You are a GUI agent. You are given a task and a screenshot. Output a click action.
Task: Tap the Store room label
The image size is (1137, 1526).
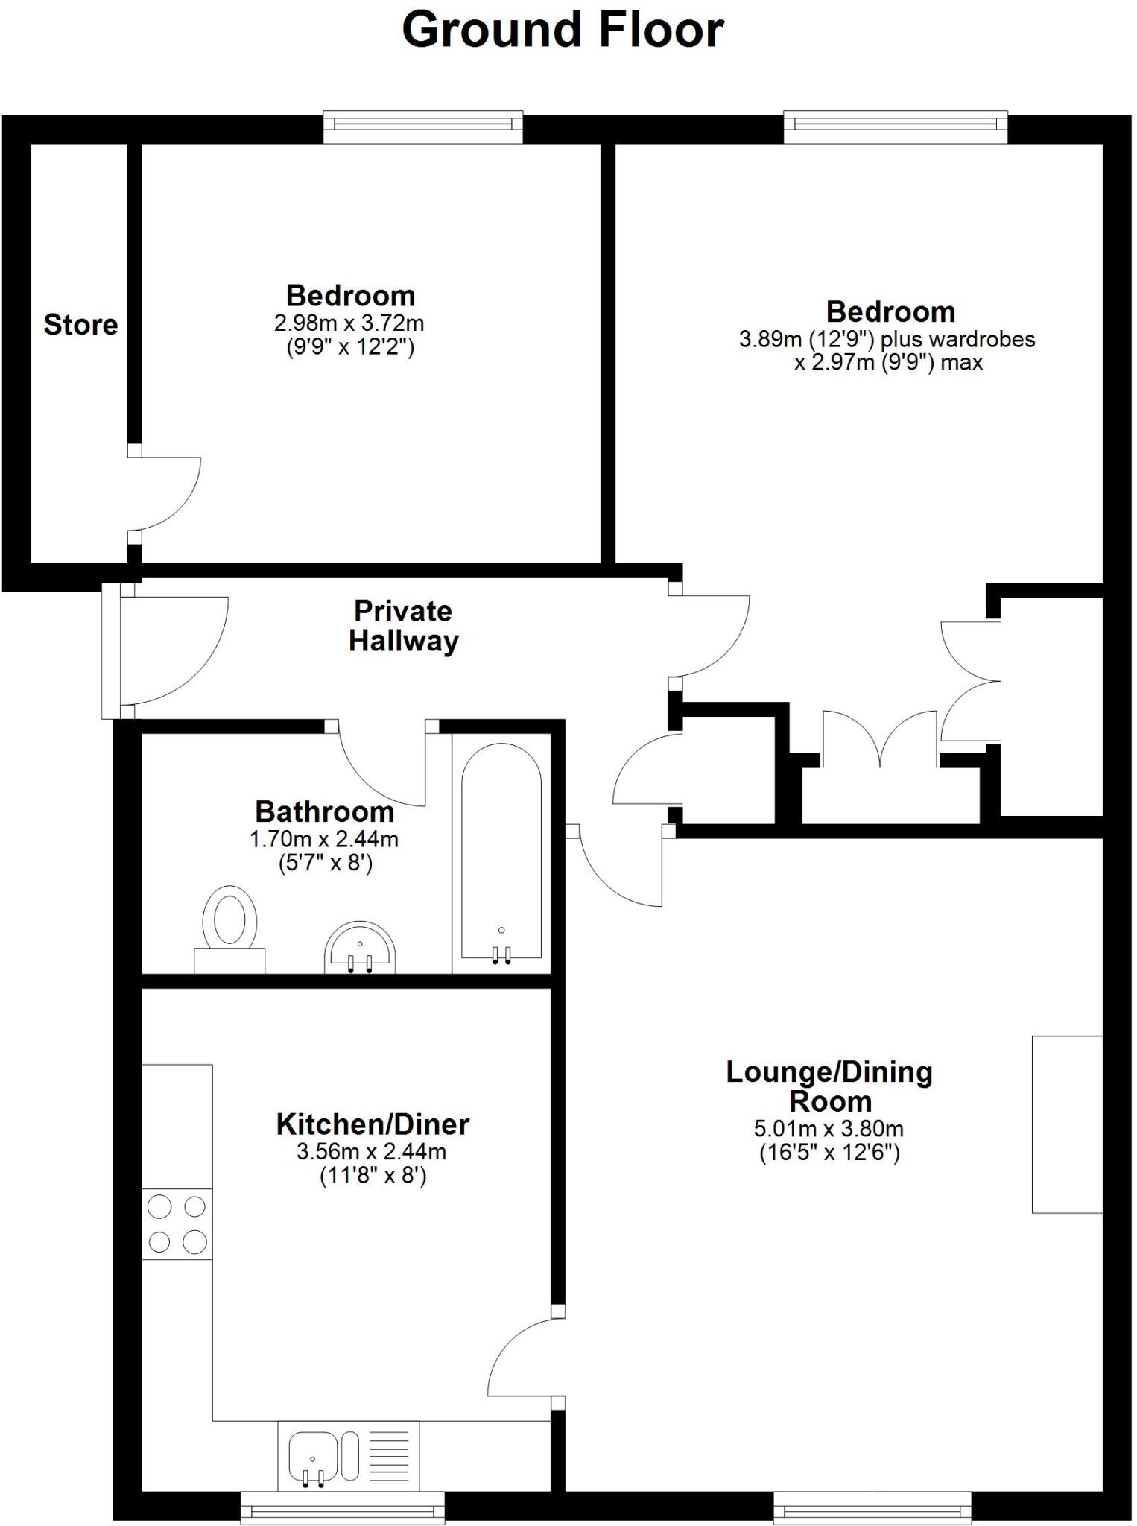tap(80, 325)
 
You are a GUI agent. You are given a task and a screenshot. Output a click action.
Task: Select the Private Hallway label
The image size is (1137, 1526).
tap(403, 626)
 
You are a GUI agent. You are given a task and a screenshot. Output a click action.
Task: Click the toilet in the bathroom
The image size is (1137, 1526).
tap(230, 927)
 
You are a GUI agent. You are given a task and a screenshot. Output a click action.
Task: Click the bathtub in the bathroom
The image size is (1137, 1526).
tap(501, 853)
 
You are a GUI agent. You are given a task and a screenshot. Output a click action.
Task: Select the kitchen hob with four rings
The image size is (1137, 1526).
tap(177, 1224)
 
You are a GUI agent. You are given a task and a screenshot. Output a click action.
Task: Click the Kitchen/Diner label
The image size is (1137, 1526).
tap(373, 1124)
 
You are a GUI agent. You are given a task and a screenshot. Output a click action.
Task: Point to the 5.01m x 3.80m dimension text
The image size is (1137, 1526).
tap(829, 1129)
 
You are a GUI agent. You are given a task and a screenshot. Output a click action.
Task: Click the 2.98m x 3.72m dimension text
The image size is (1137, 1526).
tap(349, 323)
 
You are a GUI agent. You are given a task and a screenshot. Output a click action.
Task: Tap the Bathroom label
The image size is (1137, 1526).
tap(324, 811)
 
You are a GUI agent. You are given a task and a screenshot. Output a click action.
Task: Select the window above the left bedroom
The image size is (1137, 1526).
tap(422, 126)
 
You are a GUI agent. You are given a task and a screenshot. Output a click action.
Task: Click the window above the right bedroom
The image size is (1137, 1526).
tap(895, 126)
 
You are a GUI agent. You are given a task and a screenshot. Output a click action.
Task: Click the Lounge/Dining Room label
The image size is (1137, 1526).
tap(829, 1086)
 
